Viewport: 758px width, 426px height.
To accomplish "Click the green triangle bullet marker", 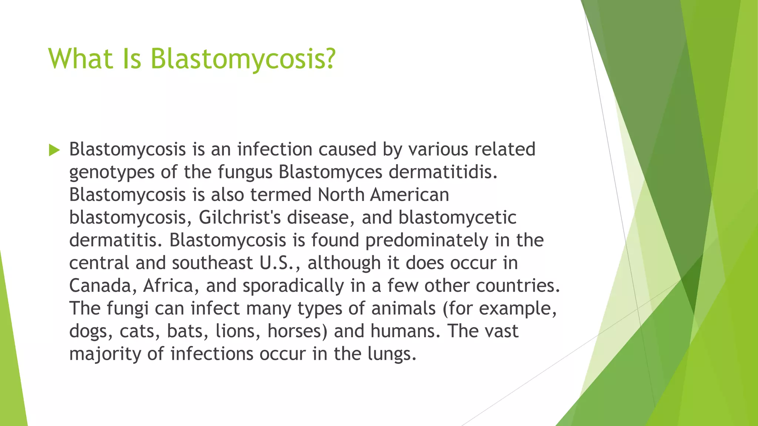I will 54,150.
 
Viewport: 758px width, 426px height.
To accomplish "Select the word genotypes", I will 112,173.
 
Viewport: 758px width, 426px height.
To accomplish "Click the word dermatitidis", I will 443,172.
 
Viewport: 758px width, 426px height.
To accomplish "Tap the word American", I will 410,195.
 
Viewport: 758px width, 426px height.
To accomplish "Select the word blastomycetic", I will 457,217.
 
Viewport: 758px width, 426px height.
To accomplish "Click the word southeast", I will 212,263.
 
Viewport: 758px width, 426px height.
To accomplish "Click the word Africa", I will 168,286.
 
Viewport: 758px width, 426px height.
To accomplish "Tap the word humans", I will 405,331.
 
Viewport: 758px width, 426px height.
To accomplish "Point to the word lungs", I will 392,354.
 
